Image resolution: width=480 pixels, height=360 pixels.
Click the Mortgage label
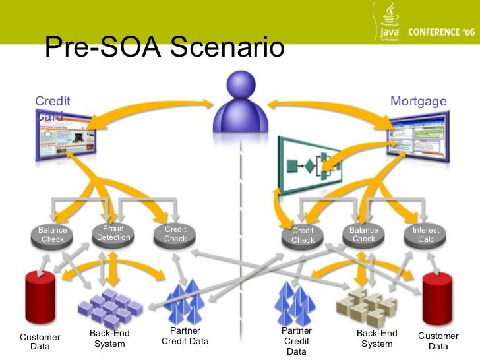pos(419,102)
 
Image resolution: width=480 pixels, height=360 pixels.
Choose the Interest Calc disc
pos(425,235)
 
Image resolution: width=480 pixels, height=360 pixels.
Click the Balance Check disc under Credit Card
pos(53,235)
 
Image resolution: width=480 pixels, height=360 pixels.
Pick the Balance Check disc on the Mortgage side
pos(363,235)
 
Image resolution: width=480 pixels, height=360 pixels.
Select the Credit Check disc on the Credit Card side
pos(175,235)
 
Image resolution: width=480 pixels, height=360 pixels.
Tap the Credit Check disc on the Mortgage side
pos(303,236)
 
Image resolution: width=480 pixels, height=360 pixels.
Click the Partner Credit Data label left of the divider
pos(185,336)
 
